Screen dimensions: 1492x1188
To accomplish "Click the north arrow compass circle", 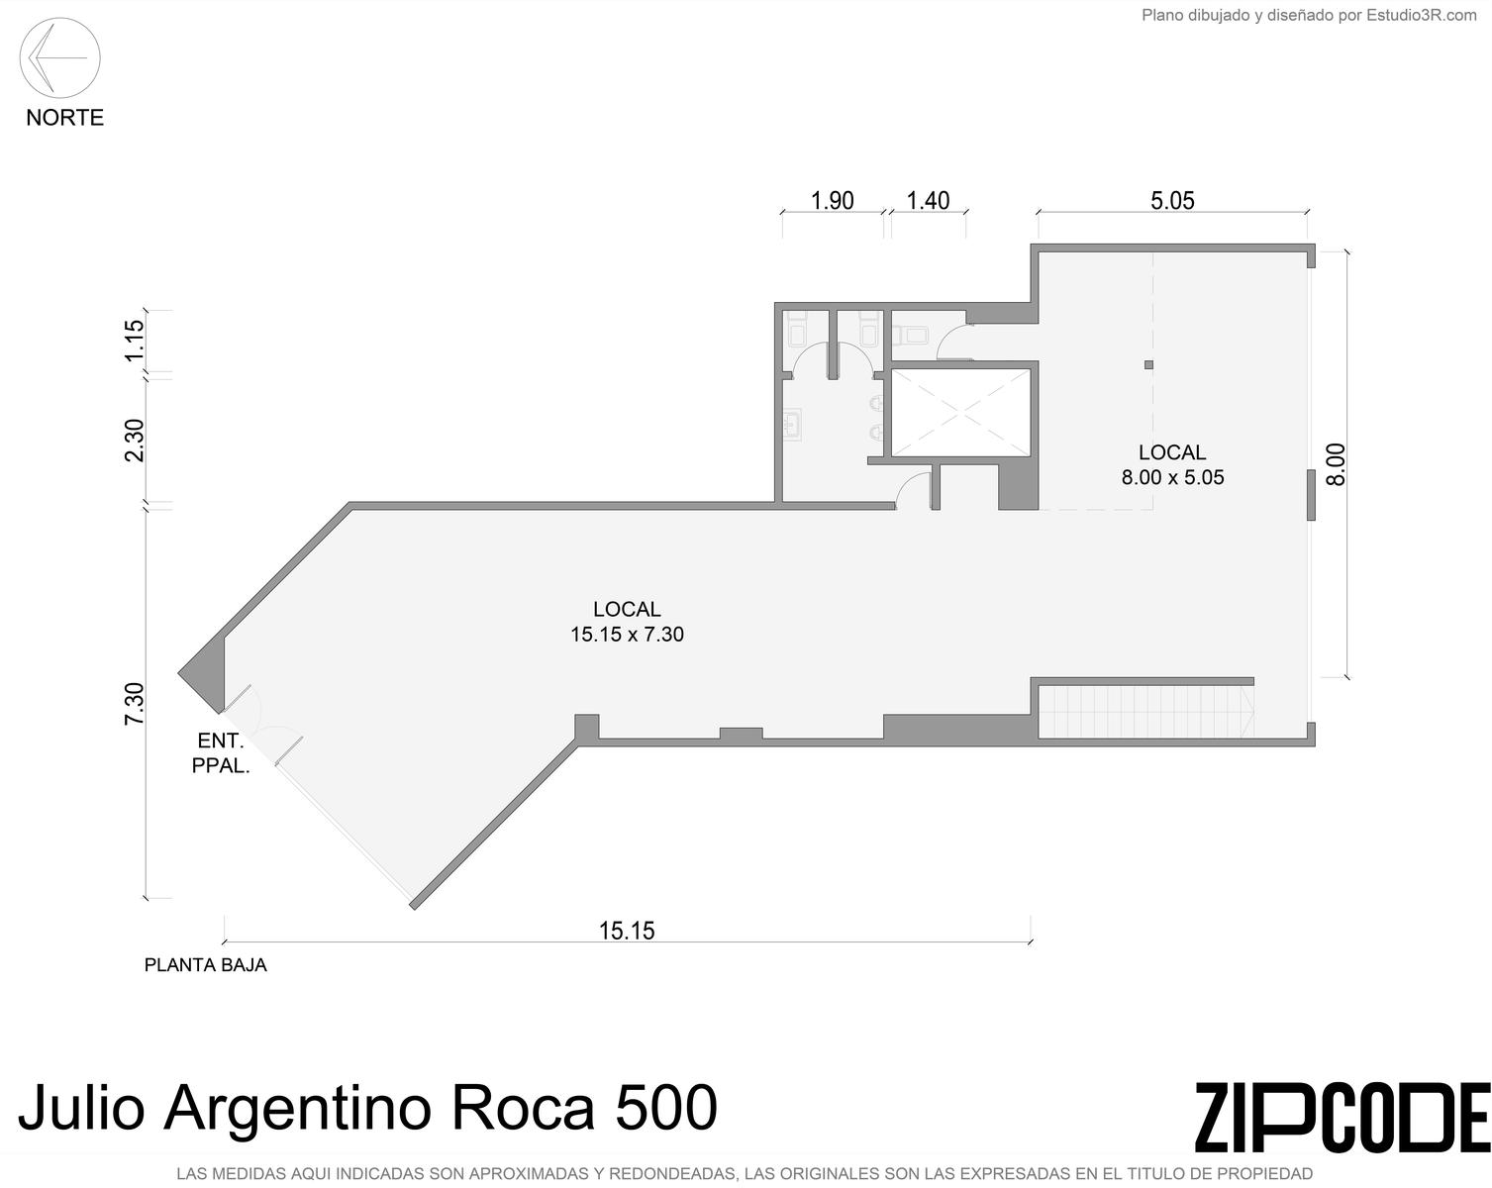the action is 59,18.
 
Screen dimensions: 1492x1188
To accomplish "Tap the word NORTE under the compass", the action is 65,118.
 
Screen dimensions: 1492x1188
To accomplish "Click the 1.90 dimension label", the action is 832,200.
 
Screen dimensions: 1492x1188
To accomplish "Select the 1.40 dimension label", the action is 928,200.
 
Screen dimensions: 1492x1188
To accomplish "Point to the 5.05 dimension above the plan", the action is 1172,200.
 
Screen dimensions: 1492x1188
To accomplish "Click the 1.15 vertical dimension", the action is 135,340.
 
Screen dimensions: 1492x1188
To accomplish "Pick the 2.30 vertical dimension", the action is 135,441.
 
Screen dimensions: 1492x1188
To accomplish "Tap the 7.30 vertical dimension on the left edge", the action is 135,704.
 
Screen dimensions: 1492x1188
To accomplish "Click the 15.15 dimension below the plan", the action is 627,931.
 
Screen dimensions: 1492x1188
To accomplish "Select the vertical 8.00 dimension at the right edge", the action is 1336,464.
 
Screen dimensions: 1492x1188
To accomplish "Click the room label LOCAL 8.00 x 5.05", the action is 1172,464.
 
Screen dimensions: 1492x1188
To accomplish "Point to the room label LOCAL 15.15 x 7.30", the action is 627,622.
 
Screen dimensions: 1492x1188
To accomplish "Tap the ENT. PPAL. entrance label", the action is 221,753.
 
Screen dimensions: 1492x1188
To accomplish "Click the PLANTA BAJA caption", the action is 205,964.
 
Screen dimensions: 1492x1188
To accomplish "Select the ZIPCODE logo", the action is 1343,1118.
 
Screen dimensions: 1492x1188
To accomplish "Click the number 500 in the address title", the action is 666,1108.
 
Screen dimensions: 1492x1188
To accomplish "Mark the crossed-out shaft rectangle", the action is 961,413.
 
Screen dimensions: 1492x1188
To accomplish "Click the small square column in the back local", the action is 1148,364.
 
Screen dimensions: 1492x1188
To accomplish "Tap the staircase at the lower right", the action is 1145,711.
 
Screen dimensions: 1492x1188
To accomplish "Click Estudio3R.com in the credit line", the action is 1422,15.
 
